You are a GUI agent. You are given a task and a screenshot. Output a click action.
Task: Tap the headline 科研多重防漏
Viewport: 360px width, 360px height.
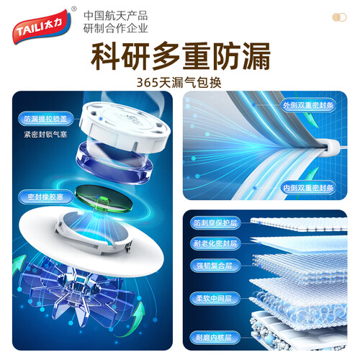point(181,56)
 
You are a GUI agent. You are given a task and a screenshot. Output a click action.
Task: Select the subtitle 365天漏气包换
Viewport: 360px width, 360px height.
point(179,83)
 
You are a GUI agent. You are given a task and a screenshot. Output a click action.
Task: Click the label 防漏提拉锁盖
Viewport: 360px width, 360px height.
point(45,119)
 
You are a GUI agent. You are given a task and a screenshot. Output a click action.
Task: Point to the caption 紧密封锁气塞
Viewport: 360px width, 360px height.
point(45,135)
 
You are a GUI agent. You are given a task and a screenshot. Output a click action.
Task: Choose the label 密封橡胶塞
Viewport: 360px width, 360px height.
point(45,197)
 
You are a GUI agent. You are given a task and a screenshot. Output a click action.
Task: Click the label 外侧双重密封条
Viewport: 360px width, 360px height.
point(308,105)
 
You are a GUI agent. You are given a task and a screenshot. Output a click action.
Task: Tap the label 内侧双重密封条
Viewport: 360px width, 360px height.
point(308,188)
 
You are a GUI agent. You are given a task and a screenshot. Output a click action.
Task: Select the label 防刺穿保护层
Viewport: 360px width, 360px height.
point(215,223)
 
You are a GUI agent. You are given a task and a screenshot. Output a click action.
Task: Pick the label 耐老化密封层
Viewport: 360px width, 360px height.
point(215,243)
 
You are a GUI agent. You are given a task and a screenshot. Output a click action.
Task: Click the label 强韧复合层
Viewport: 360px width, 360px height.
point(215,266)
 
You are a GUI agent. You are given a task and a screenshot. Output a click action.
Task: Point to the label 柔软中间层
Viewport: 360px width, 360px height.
point(215,299)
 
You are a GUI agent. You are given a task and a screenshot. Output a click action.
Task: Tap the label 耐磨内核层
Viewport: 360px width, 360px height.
point(215,338)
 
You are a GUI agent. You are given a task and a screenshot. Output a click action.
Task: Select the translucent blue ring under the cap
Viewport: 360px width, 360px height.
point(114,163)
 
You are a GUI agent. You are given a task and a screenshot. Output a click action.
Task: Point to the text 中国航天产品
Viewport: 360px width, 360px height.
point(115,16)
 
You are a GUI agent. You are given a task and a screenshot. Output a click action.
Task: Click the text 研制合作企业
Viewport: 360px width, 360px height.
point(115,28)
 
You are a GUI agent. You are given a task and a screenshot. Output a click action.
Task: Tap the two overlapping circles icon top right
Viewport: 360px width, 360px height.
point(339,17)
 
